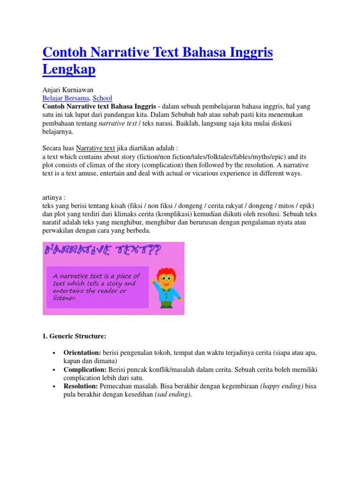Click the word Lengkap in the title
69,69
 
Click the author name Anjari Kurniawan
67,90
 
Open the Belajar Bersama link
66,98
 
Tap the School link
102,98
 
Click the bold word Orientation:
82,352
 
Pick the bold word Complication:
85,369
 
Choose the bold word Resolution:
81,386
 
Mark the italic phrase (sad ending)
172,395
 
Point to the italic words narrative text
117,124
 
